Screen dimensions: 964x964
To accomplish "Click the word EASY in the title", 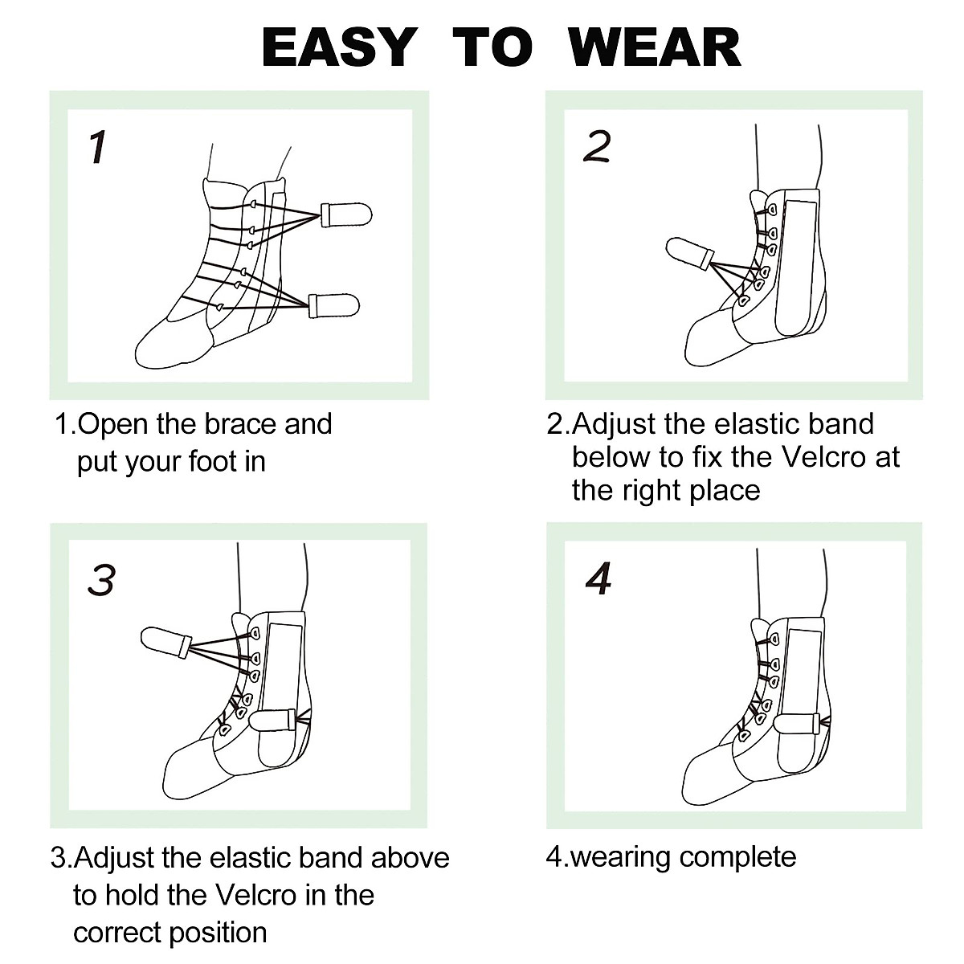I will pos(338,47).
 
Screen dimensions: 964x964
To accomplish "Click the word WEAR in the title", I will pos(654,47).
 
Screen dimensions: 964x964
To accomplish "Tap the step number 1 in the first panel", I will pos(98,148).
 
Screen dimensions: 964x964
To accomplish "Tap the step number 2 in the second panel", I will pos(597,146).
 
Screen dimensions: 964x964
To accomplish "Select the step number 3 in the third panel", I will pos(101,580).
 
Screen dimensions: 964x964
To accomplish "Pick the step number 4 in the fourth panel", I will pos(599,578).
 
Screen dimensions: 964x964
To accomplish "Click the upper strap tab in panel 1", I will pos(346,215).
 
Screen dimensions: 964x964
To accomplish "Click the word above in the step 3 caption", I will pos(410,858).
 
